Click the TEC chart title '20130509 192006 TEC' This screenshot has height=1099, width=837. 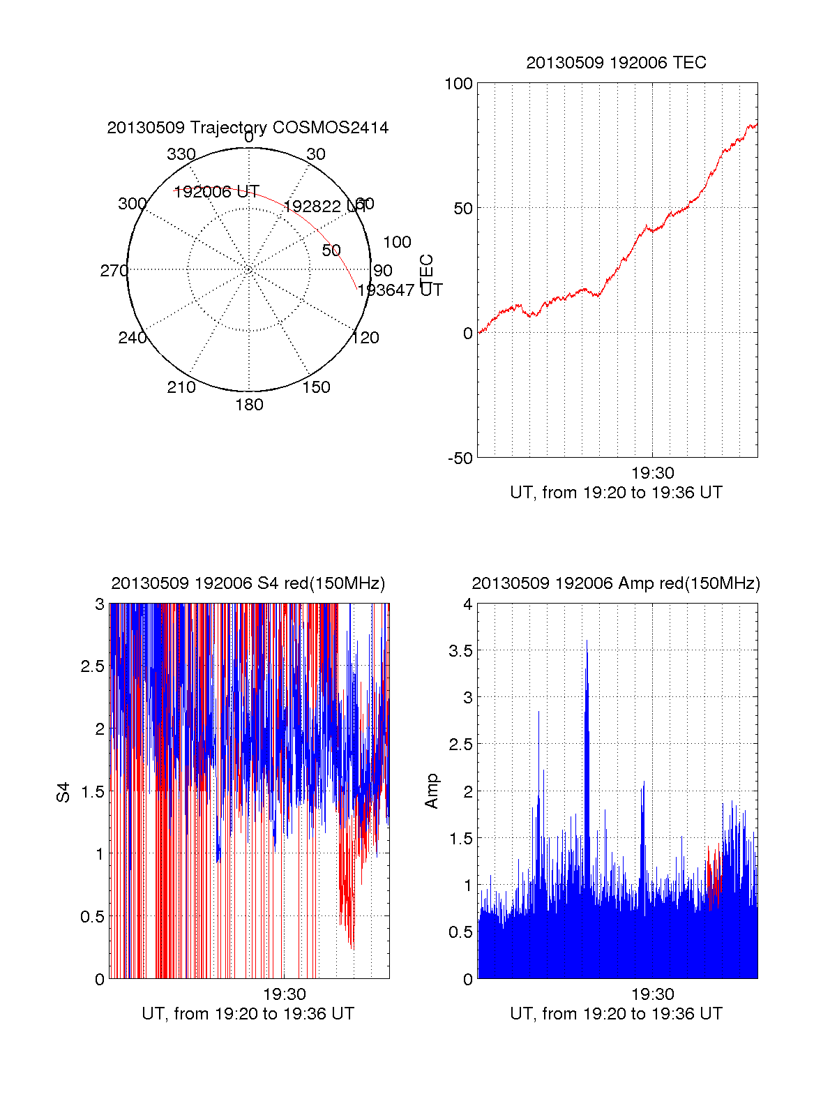(x=616, y=63)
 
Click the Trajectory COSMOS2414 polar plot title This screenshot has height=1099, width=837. (x=248, y=128)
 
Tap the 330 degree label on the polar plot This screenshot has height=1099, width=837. (x=181, y=154)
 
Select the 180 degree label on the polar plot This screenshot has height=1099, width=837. (x=249, y=405)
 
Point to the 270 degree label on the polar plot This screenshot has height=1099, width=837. (x=114, y=271)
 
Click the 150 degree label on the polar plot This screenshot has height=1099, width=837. (x=316, y=387)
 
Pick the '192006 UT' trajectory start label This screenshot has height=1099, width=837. (x=216, y=192)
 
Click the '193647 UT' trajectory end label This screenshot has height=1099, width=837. (x=400, y=290)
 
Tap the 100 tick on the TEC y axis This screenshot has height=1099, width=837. (x=458, y=84)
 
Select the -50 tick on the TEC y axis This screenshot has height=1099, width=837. (x=460, y=458)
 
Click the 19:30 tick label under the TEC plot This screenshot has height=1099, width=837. (x=652, y=474)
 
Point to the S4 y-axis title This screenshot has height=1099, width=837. (x=63, y=792)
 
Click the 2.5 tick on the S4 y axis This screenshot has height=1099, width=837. (x=93, y=666)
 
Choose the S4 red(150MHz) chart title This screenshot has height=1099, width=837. (x=248, y=583)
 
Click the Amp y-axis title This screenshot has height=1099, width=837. (x=432, y=791)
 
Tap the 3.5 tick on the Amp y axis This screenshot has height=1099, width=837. (x=459, y=651)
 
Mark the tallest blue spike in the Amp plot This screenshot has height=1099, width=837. (x=587, y=642)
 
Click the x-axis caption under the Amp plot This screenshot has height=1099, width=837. (x=616, y=1014)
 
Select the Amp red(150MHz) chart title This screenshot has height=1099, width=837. (x=616, y=583)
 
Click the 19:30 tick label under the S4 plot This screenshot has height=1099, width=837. (x=284, y=994)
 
